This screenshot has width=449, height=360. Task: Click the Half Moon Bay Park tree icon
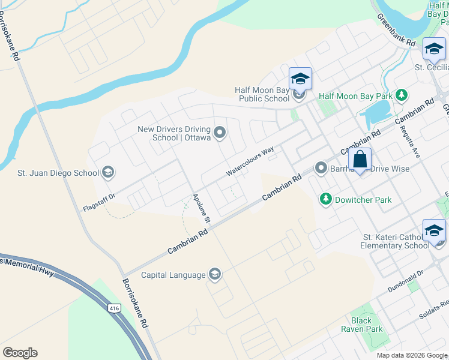402,95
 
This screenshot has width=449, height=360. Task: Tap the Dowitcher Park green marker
326,199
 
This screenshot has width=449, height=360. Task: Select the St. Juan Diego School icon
107,173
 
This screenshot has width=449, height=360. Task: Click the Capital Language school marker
214,275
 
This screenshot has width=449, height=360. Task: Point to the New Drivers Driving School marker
219,132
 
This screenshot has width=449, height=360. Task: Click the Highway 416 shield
113,308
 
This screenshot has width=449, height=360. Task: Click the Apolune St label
201,208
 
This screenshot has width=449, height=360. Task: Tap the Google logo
20,353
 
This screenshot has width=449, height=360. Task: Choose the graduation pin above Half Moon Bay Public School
300,79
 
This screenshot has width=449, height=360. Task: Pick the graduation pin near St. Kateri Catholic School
434,231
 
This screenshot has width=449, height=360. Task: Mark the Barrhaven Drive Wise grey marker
321,168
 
